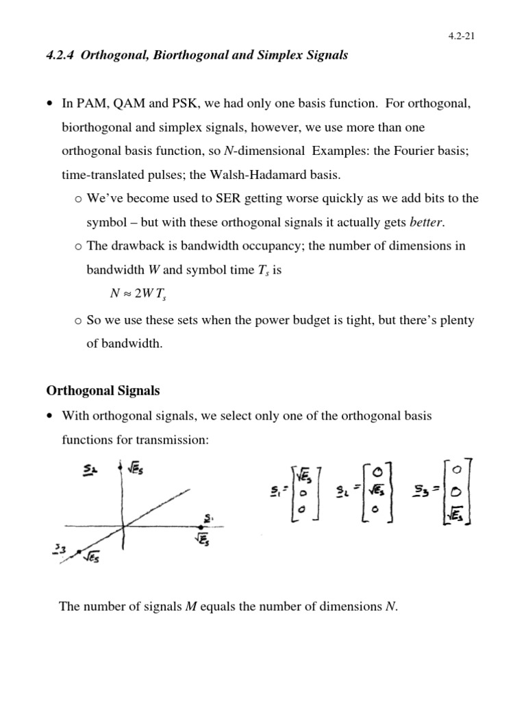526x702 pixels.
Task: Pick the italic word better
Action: tap(426, 223)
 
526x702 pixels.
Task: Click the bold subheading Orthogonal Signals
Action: tap(103, 391)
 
